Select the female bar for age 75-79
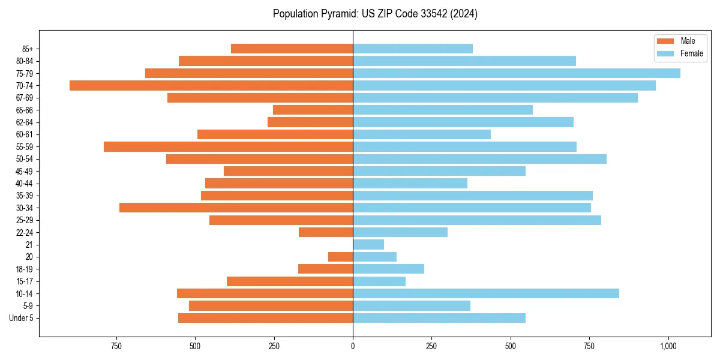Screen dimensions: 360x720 pos(516,73)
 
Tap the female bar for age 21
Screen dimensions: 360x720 pos(368,244)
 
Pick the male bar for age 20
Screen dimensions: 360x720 pos(340,257)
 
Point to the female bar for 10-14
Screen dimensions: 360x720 pos(486,293)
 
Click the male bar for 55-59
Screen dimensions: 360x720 pos(228,146)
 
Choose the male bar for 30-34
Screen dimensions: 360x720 pos(236,208)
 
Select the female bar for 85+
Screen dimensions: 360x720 pos(413,49)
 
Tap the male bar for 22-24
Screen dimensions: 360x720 pos(326,232)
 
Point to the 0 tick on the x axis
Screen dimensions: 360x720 pos(353,346)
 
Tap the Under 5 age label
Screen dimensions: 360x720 pos(22,318)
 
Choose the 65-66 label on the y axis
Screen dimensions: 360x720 pos(25,110)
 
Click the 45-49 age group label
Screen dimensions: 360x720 pos(25,171)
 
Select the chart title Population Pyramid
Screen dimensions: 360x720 pos(375,14)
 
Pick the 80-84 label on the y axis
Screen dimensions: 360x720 pos(25,61)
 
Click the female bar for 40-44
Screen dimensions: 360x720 pos(410,183)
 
